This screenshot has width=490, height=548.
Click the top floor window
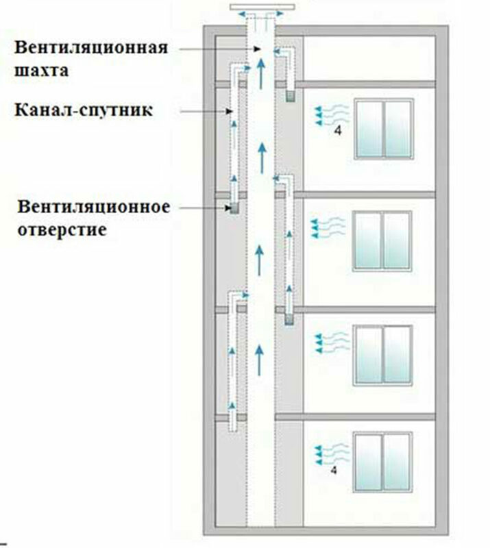(x=383, y=129)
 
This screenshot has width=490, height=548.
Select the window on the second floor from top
(x=382, y=240)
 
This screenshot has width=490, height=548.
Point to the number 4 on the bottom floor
(x=334, y=471)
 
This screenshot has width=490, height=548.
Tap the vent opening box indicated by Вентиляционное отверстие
(x=234, y=208)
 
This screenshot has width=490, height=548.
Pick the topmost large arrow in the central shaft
(x=260, y=71)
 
